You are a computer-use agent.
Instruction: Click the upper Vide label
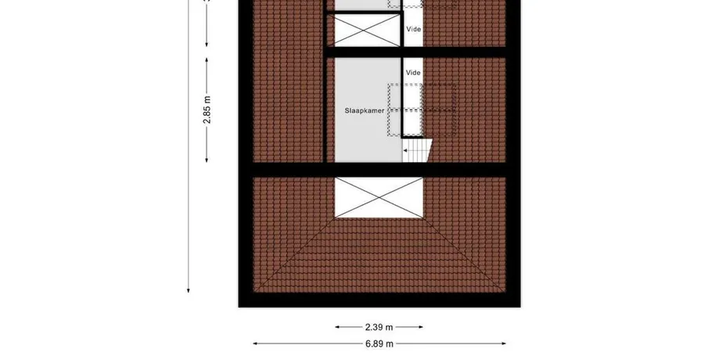(x=413, y=29)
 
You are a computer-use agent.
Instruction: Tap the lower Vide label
(x=413, y=72)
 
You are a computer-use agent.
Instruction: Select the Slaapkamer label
(x=365, y=110)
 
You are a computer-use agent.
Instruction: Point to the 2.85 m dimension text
(x=207, y=110)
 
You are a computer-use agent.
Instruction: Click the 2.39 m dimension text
(x=379, y=327)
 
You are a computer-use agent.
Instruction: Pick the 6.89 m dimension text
(x=379, y=344)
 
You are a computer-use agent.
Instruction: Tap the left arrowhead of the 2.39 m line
(x=337, y=327)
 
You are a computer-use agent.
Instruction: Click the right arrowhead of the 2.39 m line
(x=421, y=327)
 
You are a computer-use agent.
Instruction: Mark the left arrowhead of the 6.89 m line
(x=255, y=344)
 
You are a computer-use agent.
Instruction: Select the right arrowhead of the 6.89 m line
(x=504, y=344)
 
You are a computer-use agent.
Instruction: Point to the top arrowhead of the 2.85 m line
(x=207, y=60)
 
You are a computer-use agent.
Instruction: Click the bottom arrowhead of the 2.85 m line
(x=207, y=160)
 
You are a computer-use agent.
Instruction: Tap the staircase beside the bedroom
(x=417, y=150)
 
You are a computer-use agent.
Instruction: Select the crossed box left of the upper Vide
(x=367, y=31)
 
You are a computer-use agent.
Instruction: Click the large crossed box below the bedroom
(x=379, y=197)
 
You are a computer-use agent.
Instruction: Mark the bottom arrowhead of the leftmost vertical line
(x=189, y=290)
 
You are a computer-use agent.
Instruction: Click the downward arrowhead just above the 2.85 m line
(x=207, y=44)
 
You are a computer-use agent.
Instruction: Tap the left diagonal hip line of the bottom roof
(x=294, y=254)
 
